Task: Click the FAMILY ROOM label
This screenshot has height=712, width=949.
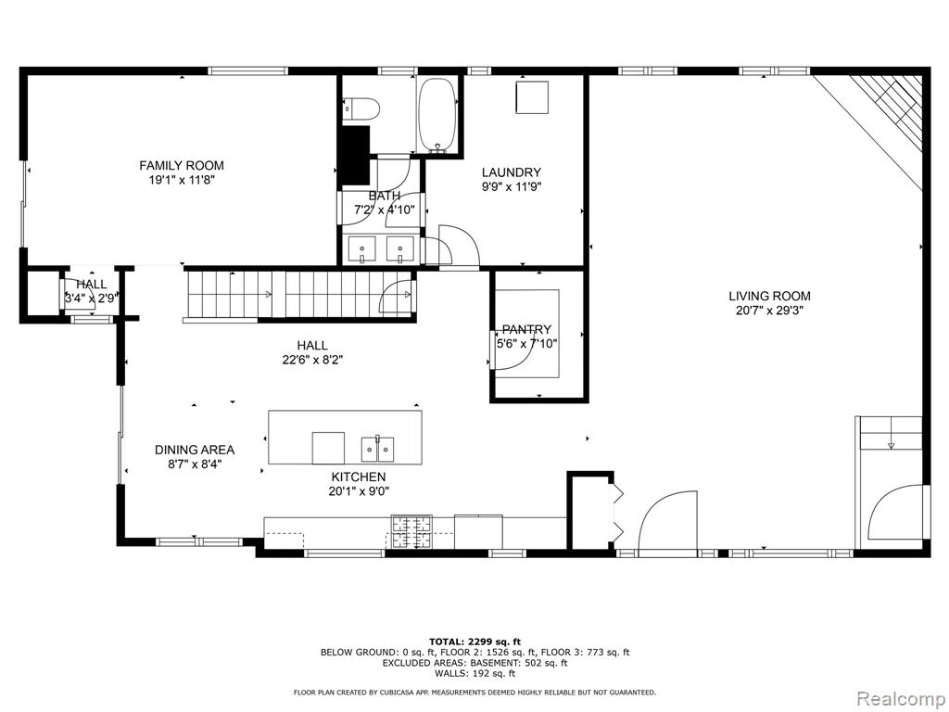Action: (x=182, y=165)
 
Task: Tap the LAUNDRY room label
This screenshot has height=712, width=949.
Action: (x=512, y=172)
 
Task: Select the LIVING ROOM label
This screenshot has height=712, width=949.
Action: (x=769, y=296)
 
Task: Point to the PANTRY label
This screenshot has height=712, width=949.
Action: (x=526, y=329)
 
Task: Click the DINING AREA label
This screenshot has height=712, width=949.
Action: (x=195, y=450)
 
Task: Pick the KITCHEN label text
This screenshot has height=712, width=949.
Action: (x=359, y=477)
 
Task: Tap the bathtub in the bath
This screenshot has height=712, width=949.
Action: (x=437, y=115)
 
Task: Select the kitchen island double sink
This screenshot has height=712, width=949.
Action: (x=378, y=450)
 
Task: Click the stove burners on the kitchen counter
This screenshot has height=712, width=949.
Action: (x=412, y=532)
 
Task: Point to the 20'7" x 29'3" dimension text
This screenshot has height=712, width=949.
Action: (x=769, y=311)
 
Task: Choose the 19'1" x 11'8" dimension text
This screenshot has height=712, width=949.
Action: (x=183, y=180)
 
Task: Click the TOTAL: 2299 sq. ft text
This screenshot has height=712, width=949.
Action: (x=474, y=642)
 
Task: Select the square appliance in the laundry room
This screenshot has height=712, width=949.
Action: (x=532, y=96)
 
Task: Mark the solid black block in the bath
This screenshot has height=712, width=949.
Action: (x=355, y=156)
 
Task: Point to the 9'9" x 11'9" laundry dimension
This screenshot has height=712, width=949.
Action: (x=512, y=187)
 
